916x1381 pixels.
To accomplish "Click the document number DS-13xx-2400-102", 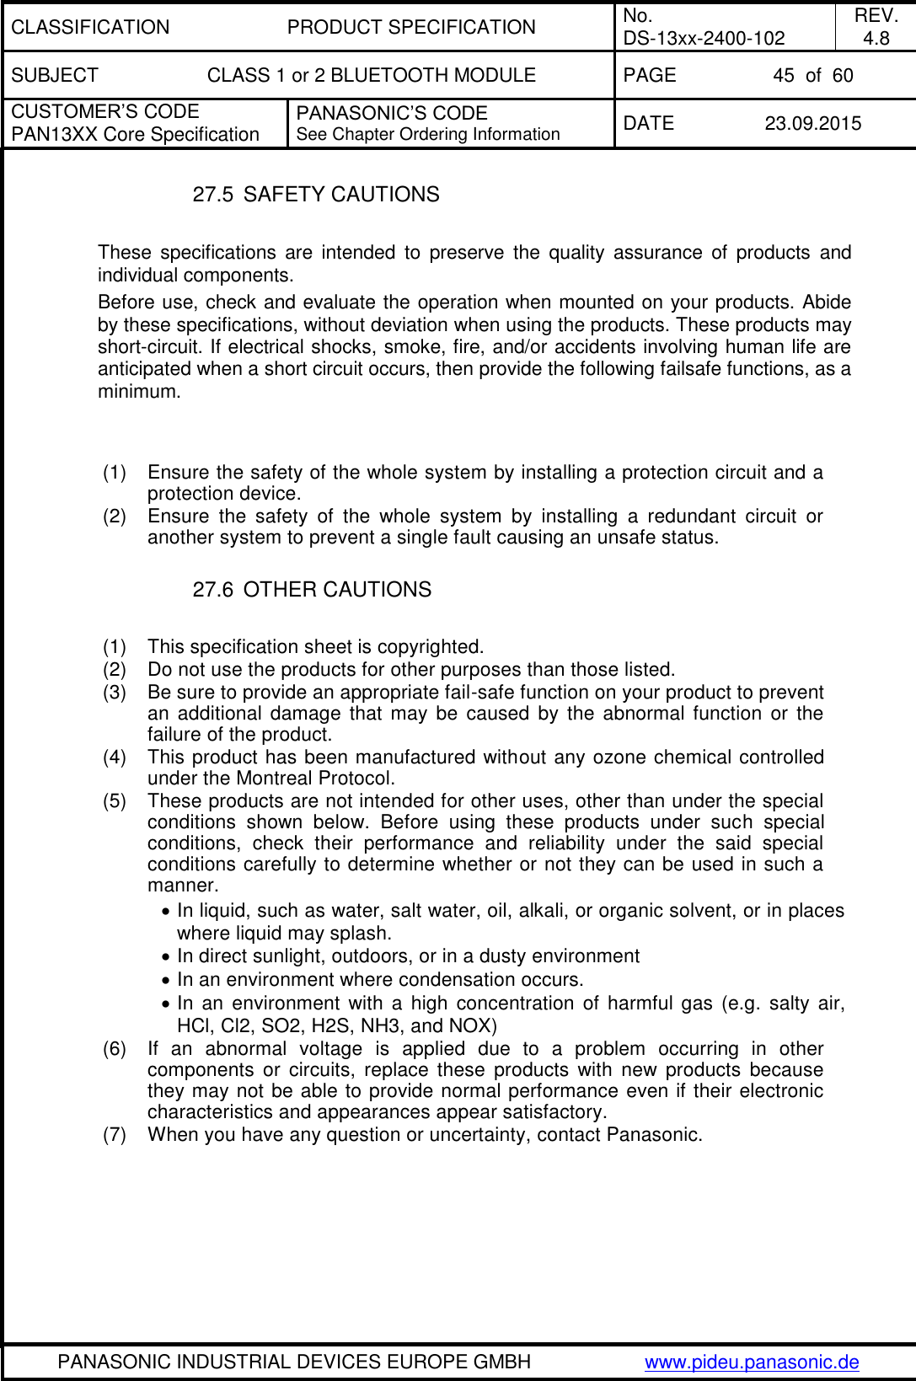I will click(704, 38).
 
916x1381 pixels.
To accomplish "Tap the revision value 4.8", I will click(876, 38).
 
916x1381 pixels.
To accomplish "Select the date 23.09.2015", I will click(812, 124).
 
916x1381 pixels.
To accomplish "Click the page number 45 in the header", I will click(783, 76).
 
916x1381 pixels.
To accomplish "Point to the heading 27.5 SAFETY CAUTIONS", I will click(316, 195).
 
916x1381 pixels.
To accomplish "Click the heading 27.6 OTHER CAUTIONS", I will click(312, 590).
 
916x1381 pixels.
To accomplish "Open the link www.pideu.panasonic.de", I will click(752, 1362).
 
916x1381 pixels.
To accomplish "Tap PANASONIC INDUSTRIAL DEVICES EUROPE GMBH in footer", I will click(294, 1362).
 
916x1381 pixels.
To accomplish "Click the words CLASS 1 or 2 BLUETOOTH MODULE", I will click(371, 76).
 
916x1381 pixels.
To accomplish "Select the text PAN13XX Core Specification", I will click(135, 135).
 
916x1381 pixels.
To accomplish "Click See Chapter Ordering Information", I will click(428, 135).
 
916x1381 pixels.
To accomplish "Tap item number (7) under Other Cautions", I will click(115, 1135).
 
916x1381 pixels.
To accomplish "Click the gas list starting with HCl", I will click(336, 1026).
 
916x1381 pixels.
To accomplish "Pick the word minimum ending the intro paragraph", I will click(137, 392).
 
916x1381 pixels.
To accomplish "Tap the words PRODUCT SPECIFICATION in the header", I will click(411, 27).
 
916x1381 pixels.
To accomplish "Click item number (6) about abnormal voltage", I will click(115, 1049).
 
